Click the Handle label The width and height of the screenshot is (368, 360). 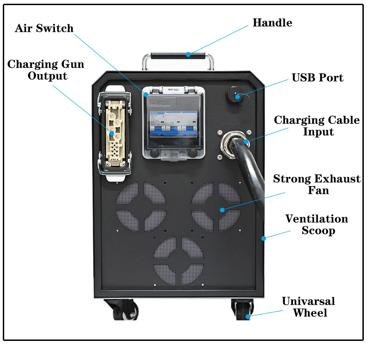[x=272, y=23]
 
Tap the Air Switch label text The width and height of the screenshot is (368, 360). [x=44, y=28]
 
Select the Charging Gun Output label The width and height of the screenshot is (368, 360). [x=46, y=70]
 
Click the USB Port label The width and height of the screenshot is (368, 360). [x=317, y=77]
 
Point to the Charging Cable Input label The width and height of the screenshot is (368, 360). [x=317, y=126]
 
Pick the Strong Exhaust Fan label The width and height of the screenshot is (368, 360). [x=317, y=184]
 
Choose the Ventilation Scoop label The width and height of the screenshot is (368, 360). [x=316, y=224]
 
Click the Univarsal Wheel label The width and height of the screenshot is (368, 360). [x=308, y=307]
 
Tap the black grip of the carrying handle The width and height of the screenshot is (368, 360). [x=178, y=55]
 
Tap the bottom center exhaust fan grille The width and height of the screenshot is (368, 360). [x=179, y=261]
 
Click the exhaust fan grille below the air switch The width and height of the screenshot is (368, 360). [x=141, y=206]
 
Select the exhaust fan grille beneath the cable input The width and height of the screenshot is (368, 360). [x=216, y=206]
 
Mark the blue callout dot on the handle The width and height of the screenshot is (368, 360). [x=189, y=54]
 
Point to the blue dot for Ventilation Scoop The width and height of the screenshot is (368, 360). [x=264, y=238]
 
